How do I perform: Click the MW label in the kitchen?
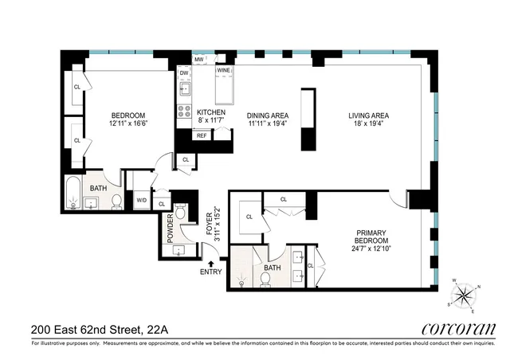point(198,60)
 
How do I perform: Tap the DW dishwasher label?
point(184,73)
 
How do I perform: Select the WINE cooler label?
point(224,70)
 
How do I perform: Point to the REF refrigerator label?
point(202,136)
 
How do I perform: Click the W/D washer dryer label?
point(142,200)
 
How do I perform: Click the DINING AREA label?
point(267,115)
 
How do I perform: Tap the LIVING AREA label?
point(367,115)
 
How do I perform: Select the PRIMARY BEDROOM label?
point(372,237)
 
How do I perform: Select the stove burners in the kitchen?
point(184,112)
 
